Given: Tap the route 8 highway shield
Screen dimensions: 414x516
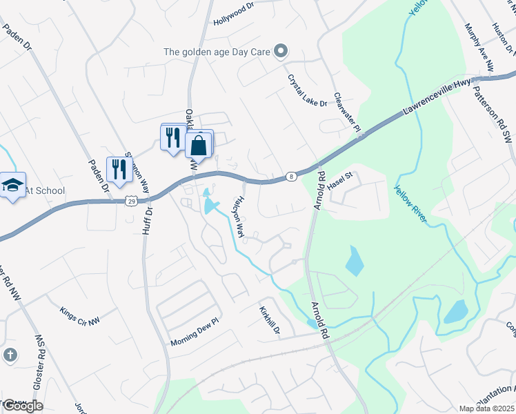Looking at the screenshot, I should pos(292,177).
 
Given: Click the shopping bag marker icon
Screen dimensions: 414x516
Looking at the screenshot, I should pos(199,146).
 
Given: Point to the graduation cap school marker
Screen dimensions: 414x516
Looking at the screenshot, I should pos(12,185).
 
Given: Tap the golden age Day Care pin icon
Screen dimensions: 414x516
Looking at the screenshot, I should pos(281,50).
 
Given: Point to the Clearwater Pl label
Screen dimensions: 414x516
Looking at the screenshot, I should pos(347,112).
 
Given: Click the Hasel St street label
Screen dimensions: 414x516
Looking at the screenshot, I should pos(340,181).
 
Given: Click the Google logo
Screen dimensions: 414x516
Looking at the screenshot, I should pos(22,405).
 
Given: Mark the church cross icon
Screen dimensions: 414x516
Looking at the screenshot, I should pos(10,355).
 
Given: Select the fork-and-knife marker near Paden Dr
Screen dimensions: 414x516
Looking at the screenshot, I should pos(119,168).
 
